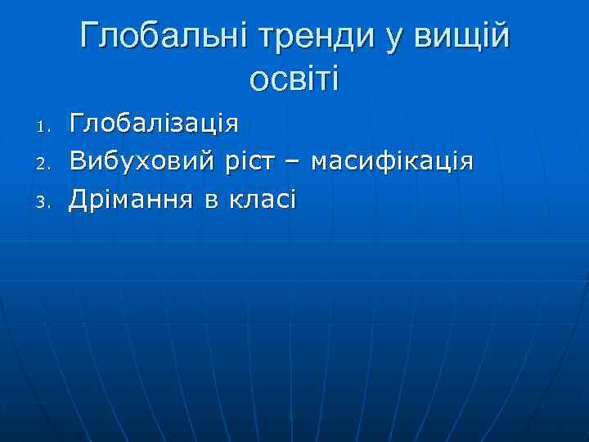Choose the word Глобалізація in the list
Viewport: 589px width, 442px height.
154,124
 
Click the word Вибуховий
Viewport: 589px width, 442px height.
144,161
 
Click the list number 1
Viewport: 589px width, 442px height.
46,128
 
